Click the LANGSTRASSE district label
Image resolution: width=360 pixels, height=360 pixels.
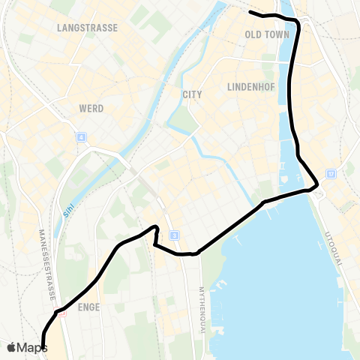click(x=88, y=28)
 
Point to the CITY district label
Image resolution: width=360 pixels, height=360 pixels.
click(x=192, y=94)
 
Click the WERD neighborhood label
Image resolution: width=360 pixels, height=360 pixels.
click(x=91, y=109)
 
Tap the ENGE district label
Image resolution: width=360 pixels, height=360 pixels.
click(x=88, y=307)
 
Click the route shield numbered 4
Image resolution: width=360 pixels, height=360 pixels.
click(x=81, y=137)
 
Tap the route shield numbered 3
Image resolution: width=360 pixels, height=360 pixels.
click(x=174, y=236)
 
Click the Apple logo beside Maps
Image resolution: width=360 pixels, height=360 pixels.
click(x=12, y=347)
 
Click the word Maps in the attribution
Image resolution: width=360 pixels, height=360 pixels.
click(x=32, y=347)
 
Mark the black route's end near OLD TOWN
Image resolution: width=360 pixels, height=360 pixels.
click(x=250, y=13)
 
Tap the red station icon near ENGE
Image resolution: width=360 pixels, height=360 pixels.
click(x=63, y=313)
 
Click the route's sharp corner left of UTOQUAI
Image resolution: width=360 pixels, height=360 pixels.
click(x=318, y=184)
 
